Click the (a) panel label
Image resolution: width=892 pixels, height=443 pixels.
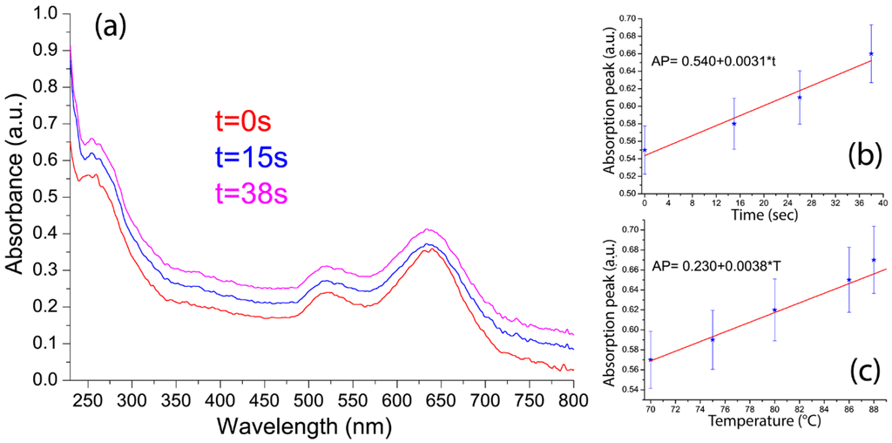(111, 26)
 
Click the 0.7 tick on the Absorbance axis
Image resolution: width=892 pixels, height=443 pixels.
(44, 124)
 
